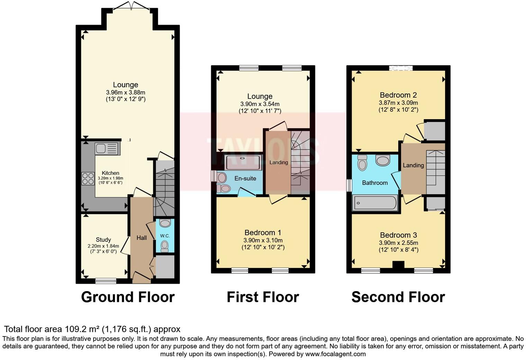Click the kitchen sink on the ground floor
107,148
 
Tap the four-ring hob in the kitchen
88,179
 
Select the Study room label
103,240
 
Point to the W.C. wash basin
165,223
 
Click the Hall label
142,238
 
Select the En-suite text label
245,178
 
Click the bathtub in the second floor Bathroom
375,203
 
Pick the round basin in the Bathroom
382,161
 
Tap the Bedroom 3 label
398,235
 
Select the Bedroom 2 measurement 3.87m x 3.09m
398,103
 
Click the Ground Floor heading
128,297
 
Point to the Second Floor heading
398,297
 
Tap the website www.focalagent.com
335,354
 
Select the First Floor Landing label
279,162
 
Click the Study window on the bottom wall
106,281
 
